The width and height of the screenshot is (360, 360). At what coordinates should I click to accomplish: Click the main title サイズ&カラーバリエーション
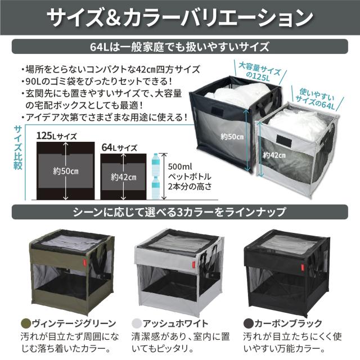point(180,17)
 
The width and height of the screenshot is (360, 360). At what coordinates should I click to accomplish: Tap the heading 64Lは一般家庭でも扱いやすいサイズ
point(179,47)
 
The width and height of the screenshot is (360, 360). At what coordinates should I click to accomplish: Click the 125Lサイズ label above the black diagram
point(56,136)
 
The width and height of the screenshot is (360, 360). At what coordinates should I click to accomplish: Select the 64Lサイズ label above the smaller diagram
point(119,147)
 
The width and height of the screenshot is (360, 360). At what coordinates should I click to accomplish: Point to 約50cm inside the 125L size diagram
point(66,171)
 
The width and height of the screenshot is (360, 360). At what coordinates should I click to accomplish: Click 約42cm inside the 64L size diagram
point(124,177)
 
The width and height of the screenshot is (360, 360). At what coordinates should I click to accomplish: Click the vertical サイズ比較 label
point(18,148)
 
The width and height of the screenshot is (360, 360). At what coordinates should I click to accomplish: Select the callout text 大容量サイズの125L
point(259,73)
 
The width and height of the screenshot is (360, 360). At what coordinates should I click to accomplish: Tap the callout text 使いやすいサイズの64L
point(316,99)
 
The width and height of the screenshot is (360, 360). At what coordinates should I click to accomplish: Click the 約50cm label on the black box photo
point(232,137)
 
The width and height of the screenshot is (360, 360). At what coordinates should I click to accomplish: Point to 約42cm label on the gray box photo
point(274,155)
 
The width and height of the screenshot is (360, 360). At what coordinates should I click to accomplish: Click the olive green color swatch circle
point(26,323)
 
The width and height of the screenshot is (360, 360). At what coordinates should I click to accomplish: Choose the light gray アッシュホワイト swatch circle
point(137,323)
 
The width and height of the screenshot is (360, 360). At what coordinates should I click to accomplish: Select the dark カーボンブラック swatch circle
point(248,323)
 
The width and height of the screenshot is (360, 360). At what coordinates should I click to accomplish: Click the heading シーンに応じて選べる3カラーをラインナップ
point(179,212)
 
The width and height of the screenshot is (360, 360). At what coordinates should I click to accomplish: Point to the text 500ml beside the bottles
point(180,166)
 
